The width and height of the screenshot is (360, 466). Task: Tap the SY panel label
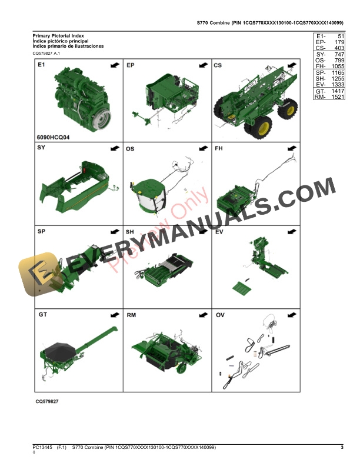click(x=42, y=148)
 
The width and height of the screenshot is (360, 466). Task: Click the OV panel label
click(x=219, y=315)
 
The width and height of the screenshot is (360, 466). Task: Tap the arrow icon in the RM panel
click(x=202, y=315)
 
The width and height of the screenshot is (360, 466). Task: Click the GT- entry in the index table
click(x=320, y=91)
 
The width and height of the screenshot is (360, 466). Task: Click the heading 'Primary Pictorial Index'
click(x=58, y=36)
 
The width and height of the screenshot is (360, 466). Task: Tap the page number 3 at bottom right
click(x=342, y=448)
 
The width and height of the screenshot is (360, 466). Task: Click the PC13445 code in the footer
click(x=43, y=448)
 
